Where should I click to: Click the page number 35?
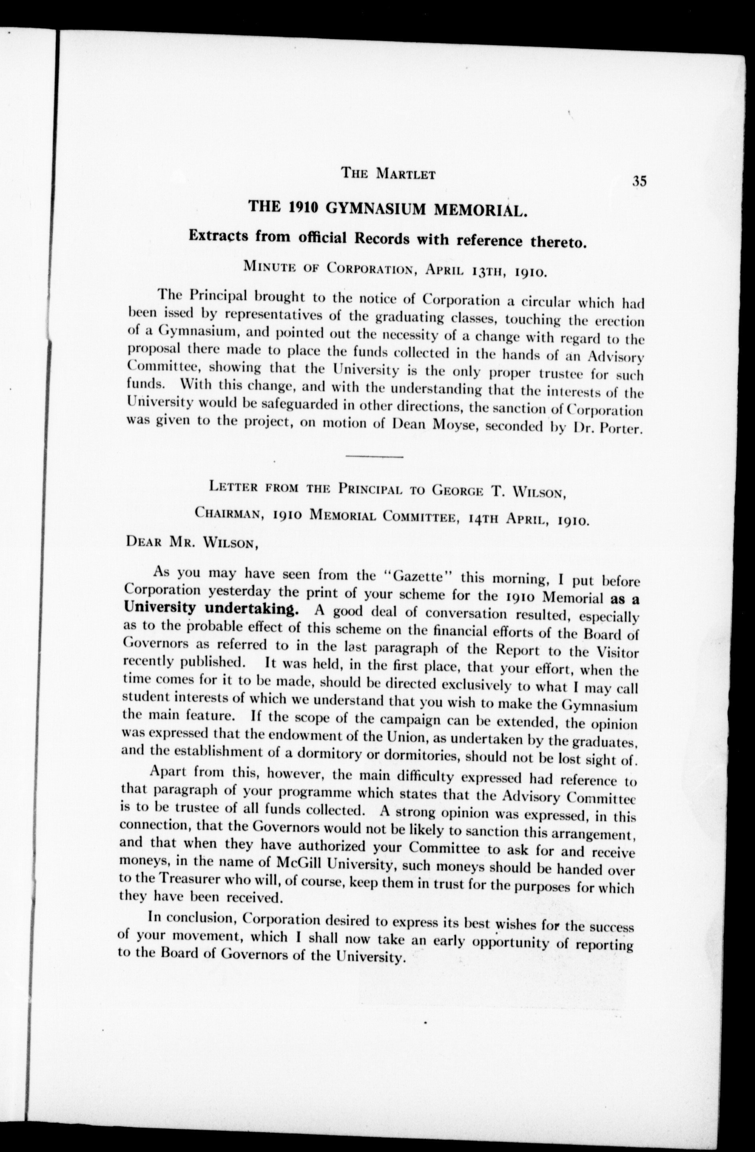click(x=639, y=181)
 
